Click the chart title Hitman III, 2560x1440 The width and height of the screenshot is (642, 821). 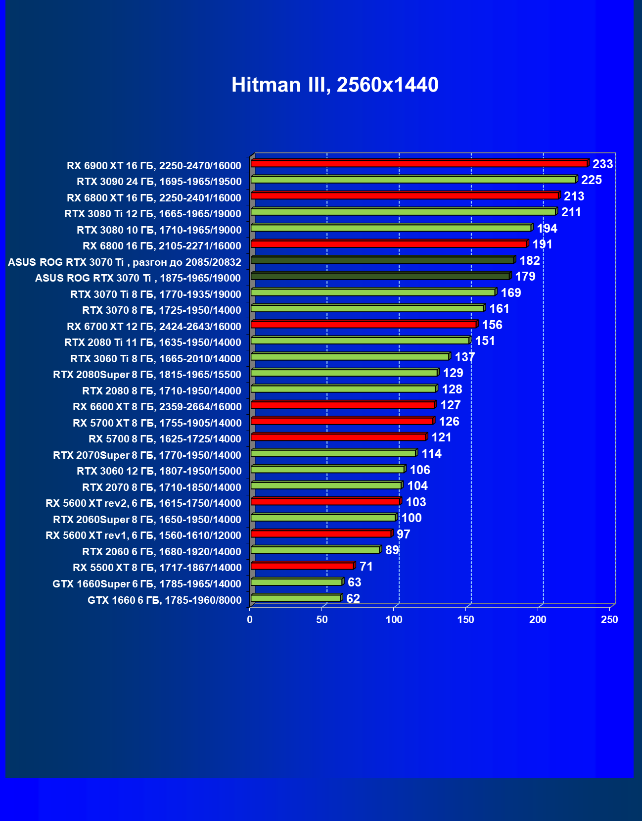pyautogui.click(x=335, y=85)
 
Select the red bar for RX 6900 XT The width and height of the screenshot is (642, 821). pyautogui.click(x=419, y=163)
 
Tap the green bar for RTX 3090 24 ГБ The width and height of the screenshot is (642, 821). pyautogui.click(x=413, y=180)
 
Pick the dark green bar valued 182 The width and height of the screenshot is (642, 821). pyautogui.click(x=382, y=260)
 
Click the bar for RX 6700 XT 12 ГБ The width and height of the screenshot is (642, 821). pyautogui.click(x=364, y=324)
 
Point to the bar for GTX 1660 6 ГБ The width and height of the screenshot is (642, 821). pyautogui.click(x=296, y=598)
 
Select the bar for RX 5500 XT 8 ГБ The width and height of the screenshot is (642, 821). pyautogui.click(x=302, y=566)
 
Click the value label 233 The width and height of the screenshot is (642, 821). pyautogui.click(x=602, y=164)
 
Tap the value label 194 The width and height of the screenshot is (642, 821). pyautogui.click(x=547, y=228)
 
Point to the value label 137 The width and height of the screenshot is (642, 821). pyautogui.click(x=464, y=357)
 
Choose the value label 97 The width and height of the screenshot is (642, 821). pyautogui.click(x=403, y=534)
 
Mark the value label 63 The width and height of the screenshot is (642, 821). pyautogui.click(x=354, y=582)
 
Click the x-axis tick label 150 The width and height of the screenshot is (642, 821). pyautogui.click(x=465, y=620)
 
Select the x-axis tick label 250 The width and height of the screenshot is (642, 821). pyautogui.click(x=609, y=620)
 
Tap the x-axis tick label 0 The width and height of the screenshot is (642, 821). pyautogui.click(x=250, y=620)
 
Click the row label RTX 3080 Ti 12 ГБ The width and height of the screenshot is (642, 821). pyautogui.click(x=153, y=214)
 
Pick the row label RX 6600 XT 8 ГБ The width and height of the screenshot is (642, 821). pyautogui.click(x=157, y=407)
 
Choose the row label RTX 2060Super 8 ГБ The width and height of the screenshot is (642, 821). pyautogui.click(x=147, y=519)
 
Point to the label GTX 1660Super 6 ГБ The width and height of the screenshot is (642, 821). pyautogui.click(x=147, y=584)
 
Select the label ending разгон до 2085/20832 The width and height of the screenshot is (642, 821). pyautogui.click(x=125, y=262)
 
